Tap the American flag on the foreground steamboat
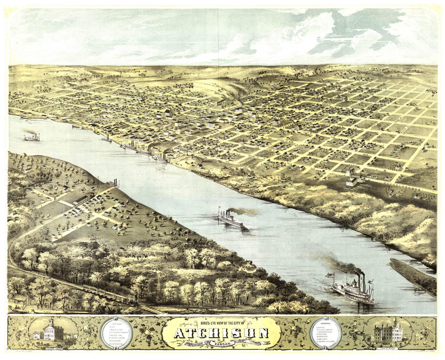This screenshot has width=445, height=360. pyautogui.click(x=329, y=275)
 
